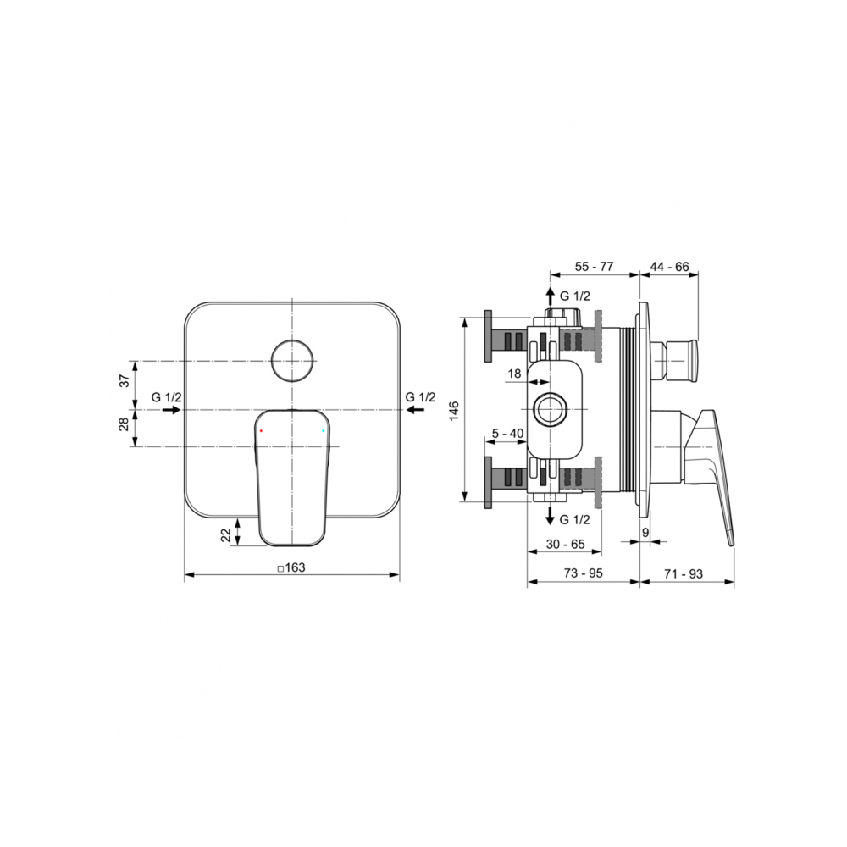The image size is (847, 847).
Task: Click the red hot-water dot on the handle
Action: click(261, 430)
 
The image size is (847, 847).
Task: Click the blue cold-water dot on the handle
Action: click(323, 430)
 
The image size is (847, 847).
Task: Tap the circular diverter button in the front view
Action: click(291, 361)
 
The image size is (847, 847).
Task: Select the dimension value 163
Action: click(295, 567)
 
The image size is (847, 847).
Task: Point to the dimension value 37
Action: click(125, 380)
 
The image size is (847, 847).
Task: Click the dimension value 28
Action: click(125, 424)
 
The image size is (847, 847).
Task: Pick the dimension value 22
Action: click(226, 534)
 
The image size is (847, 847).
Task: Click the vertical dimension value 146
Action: click(453, 411)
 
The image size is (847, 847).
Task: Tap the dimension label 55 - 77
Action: click(595, 267)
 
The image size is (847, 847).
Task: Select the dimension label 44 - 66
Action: click(670, 267)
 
